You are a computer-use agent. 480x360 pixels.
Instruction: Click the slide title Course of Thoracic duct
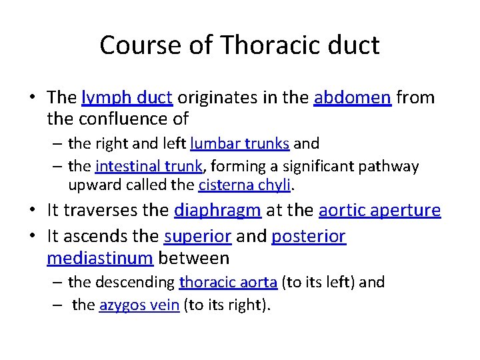click(x=239, y=45)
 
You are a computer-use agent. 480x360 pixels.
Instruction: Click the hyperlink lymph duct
click(x=127, y=98)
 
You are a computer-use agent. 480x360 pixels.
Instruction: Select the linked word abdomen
click(x=352, y=98)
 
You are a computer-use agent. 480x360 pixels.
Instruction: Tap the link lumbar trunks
click(x=239, y=143)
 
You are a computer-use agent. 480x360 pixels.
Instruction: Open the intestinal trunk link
click(x=137, y=166)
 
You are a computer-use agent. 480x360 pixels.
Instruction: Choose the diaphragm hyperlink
click(x=217, y=211)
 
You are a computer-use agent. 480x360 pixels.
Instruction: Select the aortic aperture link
click(x=379, y=211)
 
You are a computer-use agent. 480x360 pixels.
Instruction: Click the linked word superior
click(x=197, y=237)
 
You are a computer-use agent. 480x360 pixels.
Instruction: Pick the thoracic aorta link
click(x=228, y=283)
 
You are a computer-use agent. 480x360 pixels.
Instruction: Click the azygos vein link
click(x=139, y=305)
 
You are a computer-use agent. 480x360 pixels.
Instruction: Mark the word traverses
click(x=121, y=211)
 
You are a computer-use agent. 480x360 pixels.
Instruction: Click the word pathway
click(x=396, y=166)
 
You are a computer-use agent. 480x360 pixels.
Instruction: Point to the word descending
click(x=135, y=283)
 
